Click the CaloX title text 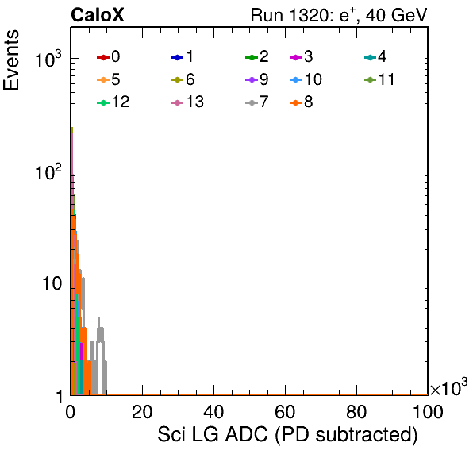(97, 15)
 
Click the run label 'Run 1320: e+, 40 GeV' (339, 15)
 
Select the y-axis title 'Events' (11, 60)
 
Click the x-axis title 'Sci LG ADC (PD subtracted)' (287, 435)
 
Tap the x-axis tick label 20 (142, 412)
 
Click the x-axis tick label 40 (213, 412)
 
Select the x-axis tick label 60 (285, 412)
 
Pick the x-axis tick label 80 (356, 412)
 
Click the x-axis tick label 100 (428, 412)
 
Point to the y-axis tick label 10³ (48, 59)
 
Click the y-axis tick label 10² (48, 172)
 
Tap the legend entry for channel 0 (108, 56)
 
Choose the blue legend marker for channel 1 (178, 57)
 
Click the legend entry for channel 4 (375, 56)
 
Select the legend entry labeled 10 (306, 79)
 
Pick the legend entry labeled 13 (187, 102)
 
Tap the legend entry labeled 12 (113, 102)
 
